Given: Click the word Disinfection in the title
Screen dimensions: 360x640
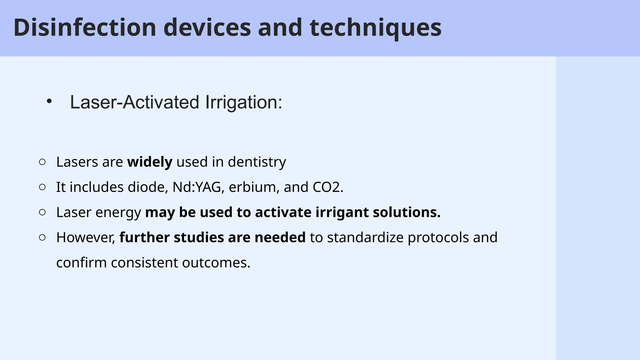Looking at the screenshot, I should [x=85, y=27].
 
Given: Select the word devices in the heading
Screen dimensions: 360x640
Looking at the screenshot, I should [x=207, y=27].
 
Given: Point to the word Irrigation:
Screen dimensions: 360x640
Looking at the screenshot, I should [x=244, y=102].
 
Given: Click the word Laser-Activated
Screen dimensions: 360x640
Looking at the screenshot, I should [x=134, y=102].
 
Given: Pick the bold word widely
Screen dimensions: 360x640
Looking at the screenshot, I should [x=150, y=162].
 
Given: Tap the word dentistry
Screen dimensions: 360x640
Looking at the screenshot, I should [x=257, y=162].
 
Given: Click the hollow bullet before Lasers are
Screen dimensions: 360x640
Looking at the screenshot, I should [x=42, y=162].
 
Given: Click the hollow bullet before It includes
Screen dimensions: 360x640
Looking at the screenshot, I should [x=42, y=187].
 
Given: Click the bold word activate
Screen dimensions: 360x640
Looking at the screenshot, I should [x=283, y=212].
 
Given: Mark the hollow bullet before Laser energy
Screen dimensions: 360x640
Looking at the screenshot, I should [x=42, y=212].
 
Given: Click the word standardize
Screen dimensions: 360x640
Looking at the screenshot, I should [x=365, y=237].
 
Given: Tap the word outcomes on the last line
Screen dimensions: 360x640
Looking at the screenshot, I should [x=216, y=262].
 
